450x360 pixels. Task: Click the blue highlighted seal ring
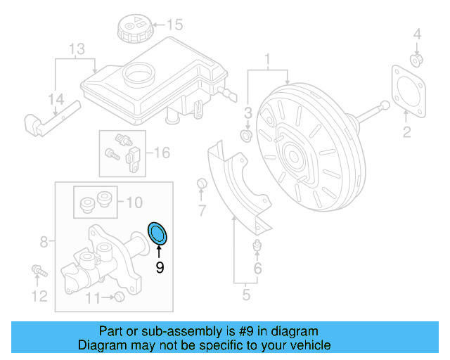point(159,233)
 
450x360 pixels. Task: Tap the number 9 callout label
point(160,267)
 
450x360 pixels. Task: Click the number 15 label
point(174,26)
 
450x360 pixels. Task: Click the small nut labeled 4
point(416,60)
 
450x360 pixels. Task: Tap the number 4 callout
point(416,34)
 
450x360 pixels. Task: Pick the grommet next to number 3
point(247,134)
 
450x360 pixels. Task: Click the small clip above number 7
point(202,184)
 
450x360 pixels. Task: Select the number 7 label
point(202,210)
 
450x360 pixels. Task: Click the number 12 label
point(39,296)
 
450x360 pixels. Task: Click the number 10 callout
point(133,203)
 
